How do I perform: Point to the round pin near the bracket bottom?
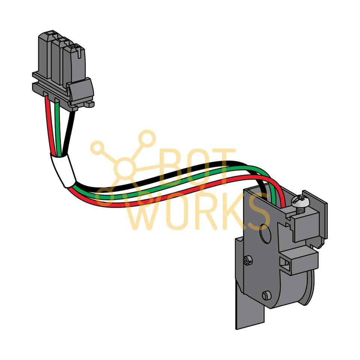tap(267, 295)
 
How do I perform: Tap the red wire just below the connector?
tap(49, 112)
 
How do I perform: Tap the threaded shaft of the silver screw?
tap(300, 210)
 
